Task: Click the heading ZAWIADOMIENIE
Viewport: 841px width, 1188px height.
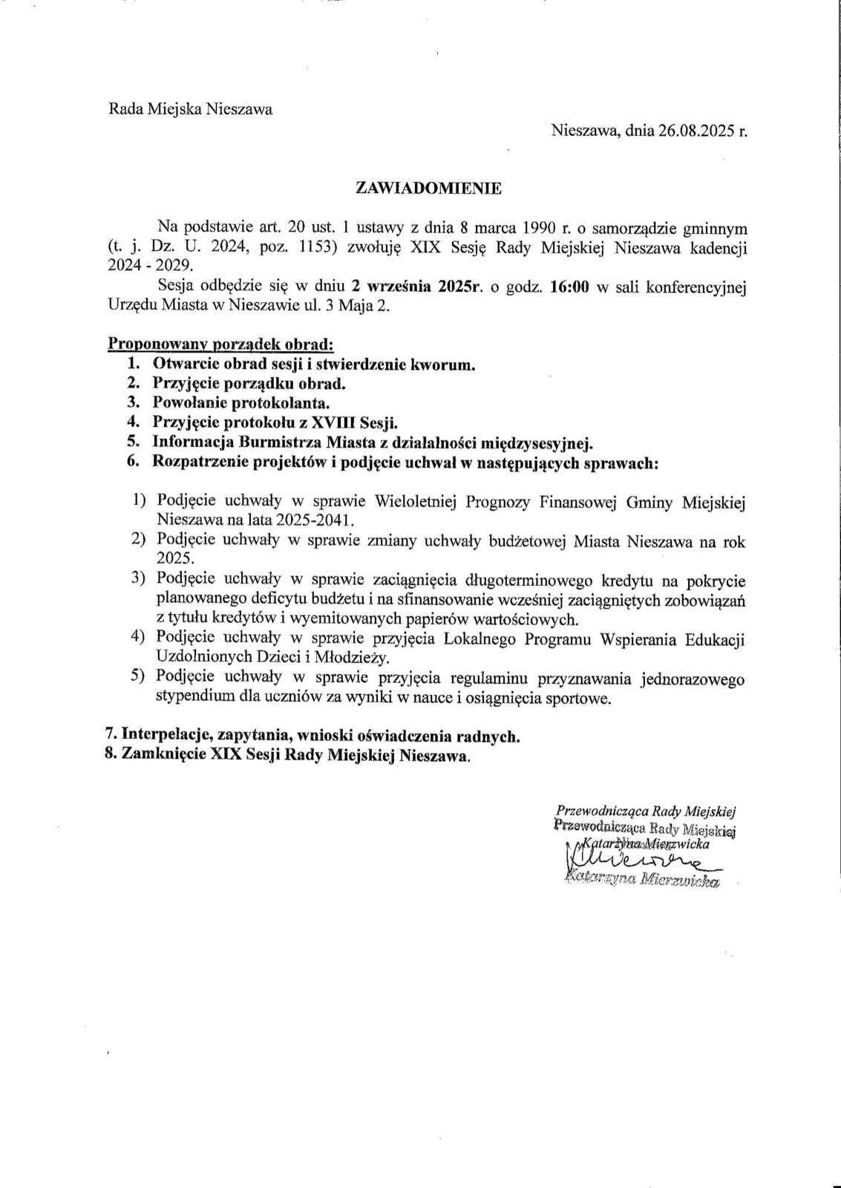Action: (429, 188)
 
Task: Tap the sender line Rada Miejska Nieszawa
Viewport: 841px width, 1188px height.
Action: (191, 109)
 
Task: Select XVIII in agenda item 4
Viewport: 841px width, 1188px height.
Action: (331, 422)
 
